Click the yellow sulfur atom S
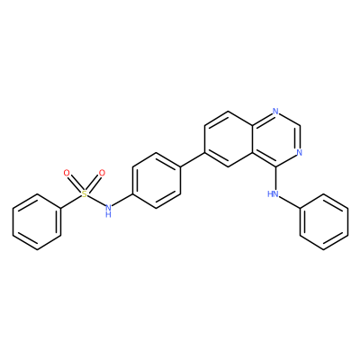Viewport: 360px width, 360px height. click(85, 194)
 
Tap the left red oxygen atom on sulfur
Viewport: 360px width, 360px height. click(67, 173)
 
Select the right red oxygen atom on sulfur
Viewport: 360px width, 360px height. click(103, 173)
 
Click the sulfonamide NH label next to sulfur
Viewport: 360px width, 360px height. click(109, 210)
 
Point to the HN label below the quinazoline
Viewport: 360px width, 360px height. click(273, 194)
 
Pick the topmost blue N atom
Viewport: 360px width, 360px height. click(275, 111)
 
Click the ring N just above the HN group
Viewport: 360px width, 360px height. click(299, 152)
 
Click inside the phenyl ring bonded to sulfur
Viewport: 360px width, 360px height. click(37, 222)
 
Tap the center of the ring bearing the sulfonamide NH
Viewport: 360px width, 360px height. click(157, 180)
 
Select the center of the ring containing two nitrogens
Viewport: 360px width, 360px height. click(275, 139)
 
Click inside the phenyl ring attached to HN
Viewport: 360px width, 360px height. click(324, 222)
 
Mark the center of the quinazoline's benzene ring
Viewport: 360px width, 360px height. click(228, 139)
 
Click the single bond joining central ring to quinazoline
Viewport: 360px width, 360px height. click(193, 159)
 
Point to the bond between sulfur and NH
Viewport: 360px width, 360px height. click(96, 201)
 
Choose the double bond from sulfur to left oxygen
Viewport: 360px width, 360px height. click(75, 183)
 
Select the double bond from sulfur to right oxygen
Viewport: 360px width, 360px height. click(94, 183)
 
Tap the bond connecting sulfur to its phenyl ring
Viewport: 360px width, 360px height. click(71, 202)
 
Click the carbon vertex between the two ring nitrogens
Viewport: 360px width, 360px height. click(300, 125)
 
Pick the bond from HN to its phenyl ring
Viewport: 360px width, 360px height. click(290, 202)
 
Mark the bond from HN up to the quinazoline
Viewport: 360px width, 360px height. click(275, 178)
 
